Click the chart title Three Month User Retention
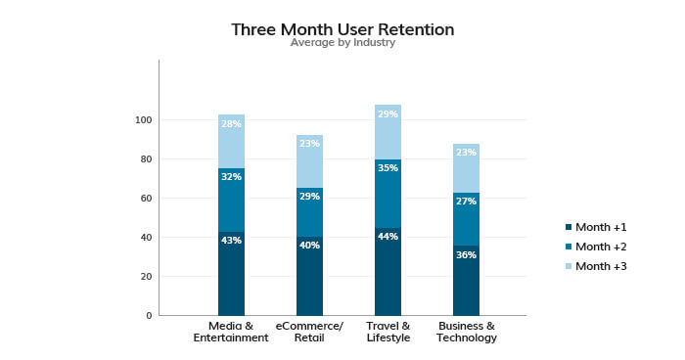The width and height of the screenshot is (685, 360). coord(342,29)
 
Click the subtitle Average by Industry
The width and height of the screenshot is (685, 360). coord(342,43)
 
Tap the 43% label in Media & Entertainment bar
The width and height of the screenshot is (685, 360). coord(231,240)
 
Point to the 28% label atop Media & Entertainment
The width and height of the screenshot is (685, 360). coord(231,124)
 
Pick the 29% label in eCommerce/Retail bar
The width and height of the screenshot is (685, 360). coord(309,197)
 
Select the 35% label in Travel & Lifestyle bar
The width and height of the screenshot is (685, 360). coord(388,168)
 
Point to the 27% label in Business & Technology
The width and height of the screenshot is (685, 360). coord(466,202)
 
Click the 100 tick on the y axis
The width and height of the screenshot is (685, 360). coord(144,120)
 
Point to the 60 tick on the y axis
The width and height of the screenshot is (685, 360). coord(146,199)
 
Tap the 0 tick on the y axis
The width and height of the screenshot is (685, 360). coord(149,316)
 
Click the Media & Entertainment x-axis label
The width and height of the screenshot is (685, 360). coord(231,332)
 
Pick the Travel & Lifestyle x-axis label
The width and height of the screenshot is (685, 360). coord(388,332)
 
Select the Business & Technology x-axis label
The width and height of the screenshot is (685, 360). coord(466,332)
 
